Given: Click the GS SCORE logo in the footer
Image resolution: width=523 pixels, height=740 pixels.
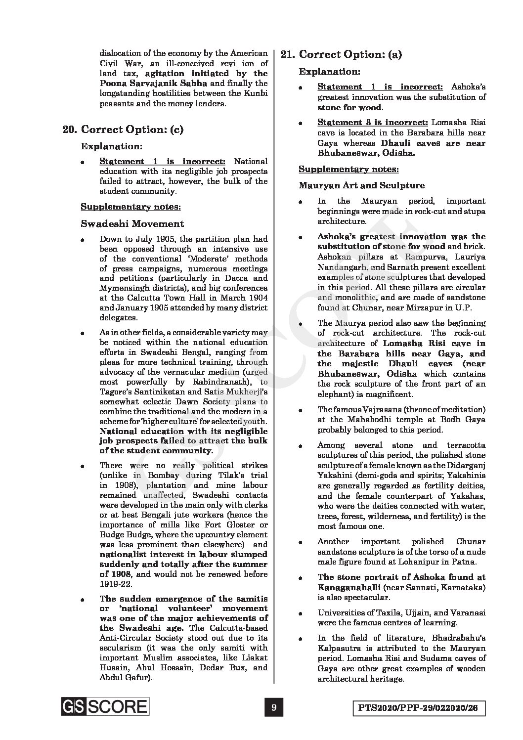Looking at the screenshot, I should (104, 706).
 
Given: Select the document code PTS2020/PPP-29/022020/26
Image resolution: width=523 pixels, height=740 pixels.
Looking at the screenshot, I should (418, 708).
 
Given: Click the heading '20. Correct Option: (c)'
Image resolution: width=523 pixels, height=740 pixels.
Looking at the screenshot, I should (123, 130).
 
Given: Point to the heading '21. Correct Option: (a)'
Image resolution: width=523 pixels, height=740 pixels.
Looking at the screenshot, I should (341, 54).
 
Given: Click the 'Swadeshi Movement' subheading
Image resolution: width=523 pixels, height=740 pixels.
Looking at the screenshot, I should (132, 223).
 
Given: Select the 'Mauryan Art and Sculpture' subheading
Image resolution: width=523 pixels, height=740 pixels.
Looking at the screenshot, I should (361, 185).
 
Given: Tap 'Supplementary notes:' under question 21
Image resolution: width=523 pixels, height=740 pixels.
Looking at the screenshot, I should (349, 169).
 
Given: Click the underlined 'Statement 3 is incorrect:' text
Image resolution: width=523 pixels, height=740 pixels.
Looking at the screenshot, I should (373, 122).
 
